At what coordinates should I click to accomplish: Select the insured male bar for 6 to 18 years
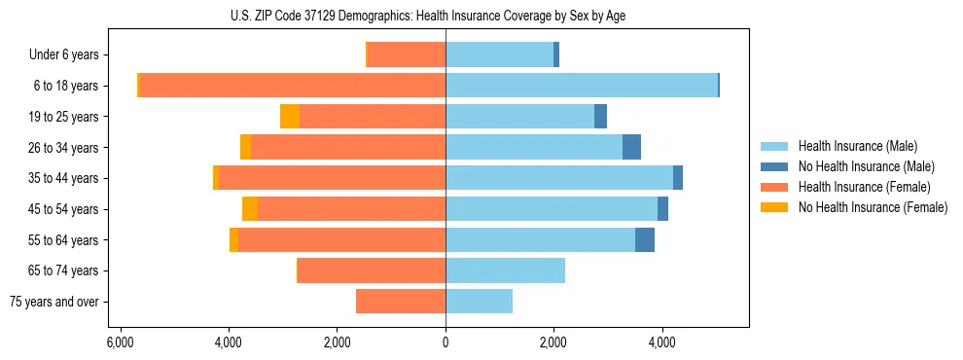[x=581, y=86]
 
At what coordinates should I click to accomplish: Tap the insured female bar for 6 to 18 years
[x=292, y=86]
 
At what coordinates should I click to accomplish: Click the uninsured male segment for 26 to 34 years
[x=631, y=147]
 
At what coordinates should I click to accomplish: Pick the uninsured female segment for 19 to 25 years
[x=290, y=117]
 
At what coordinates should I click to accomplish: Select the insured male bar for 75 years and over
[x=479, y=302]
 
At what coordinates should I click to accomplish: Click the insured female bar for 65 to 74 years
[x=372, y=270]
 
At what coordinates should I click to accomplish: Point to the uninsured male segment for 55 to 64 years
[x=645, y=239]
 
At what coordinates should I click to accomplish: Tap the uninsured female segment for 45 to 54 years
[x=250, y=209]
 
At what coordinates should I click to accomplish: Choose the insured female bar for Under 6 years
[x=407, y=54]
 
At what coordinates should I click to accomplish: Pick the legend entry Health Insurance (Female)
[x=864, y=187]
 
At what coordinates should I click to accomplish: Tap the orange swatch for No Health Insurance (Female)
[x=774, y=207]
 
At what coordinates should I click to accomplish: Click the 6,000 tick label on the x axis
[x=120, y=342]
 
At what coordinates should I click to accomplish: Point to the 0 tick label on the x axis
[x=446, y=342]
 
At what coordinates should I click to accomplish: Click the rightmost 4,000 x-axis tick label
[x=662, y=342]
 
